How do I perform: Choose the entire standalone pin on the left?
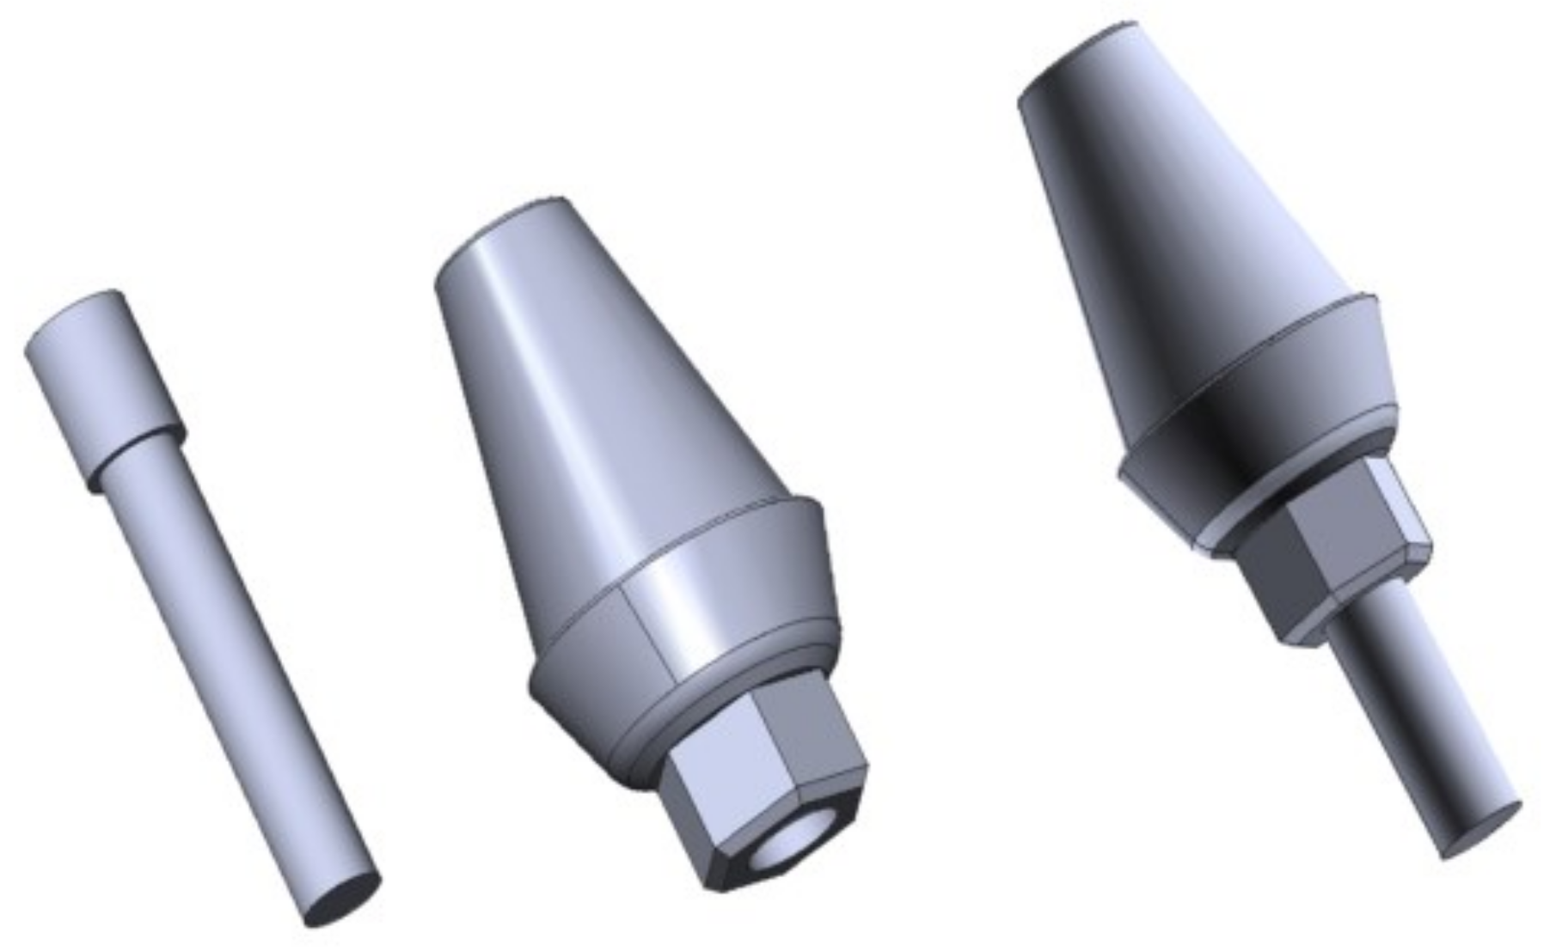pos(198,601)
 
